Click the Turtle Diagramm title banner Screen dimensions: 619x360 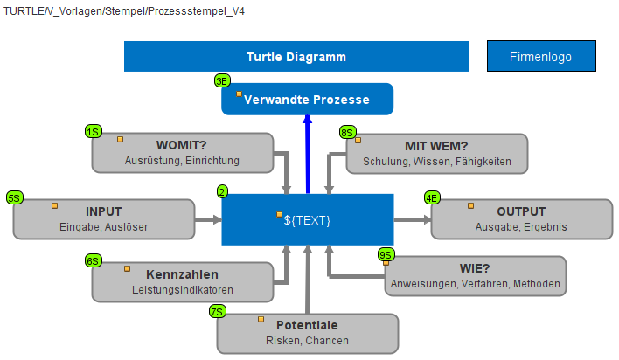(x=296, y=57)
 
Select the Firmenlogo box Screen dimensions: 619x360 (x=541, y=56)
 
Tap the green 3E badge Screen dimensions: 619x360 (x=222, y=81)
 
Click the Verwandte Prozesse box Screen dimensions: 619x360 (x=307, y=99)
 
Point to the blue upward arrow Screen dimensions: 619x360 (x=308, y=155)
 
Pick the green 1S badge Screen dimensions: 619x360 (x=94, y=131)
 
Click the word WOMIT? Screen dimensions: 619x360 (x=182, y=145)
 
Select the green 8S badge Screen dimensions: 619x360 (x=347, y=133)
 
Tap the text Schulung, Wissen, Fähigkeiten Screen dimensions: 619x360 (x=437, y=162)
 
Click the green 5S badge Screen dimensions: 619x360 (x=15, y=197)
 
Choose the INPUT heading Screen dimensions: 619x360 (x=103, y=211)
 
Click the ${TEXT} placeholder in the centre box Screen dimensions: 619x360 (x=307, y=220)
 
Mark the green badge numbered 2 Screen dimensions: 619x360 (x=222, y=192)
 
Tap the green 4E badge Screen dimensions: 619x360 (x=432, y=197)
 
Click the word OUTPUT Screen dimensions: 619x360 (x=521, y=211)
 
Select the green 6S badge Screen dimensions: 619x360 (x=94, y=261)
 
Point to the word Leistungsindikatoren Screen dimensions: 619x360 (x=183, y=290)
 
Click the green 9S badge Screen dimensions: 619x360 (x=386, y=254)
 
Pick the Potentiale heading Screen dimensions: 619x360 (x=307, y=325)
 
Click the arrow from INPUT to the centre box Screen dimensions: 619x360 (x=208, y=219)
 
